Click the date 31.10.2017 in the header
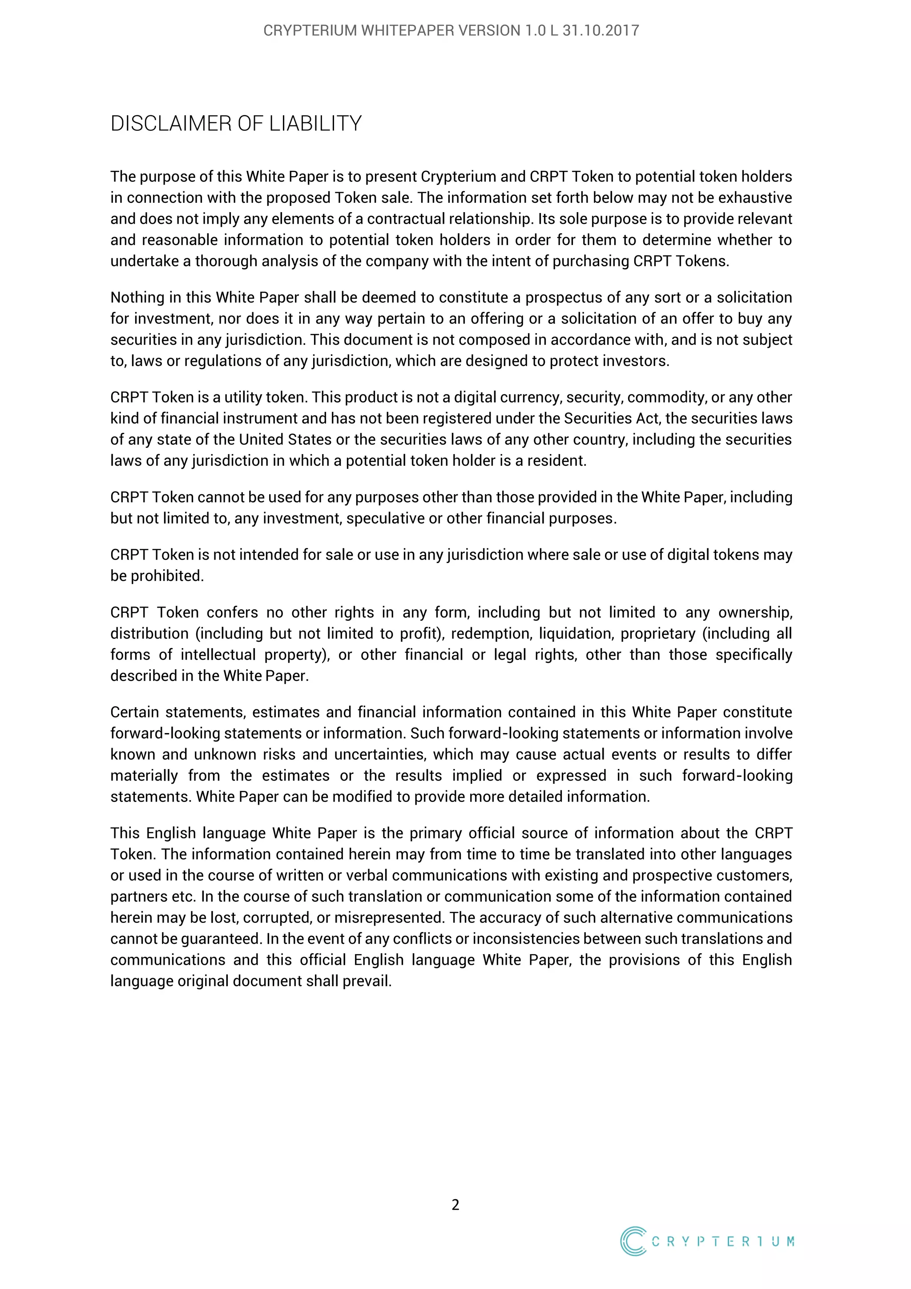pos(601,30)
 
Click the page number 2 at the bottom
pos(455,1205)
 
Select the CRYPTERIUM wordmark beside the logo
pos(723,1241)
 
